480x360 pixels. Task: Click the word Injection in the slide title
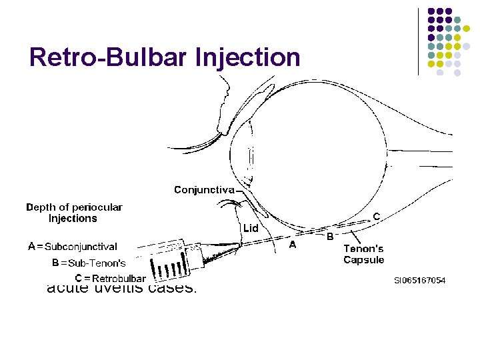[x=247, y=58]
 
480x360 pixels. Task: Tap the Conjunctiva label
[x=204, y=190]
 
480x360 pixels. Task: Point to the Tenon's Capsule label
[x=364, y=254]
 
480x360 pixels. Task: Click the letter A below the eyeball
[x=291, y=245]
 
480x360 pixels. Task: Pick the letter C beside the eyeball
[x=377, y=217]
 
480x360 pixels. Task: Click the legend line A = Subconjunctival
[x=72, y=247]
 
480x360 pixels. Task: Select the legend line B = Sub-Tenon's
[x=89, y=263]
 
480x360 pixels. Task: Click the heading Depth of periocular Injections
[x=74, y=213]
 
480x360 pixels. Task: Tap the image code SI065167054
[x=419, y=281]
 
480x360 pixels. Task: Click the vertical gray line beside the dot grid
[x=418, y=41]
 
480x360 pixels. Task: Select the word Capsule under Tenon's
[x=364, y=260]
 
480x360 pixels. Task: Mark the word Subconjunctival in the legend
[x=81, y=247]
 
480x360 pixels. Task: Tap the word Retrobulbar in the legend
[x=119, y=278]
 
